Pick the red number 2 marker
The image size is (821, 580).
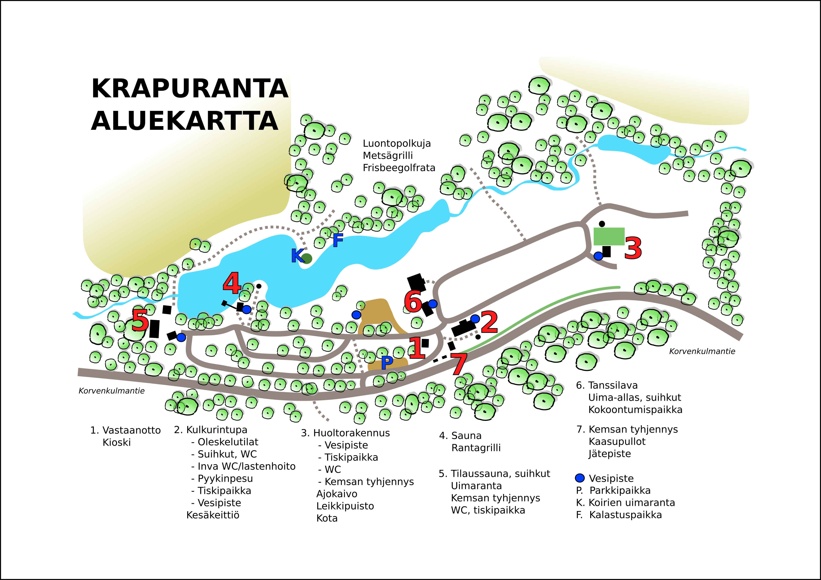[489, 322]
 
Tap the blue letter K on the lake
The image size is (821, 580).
[297, 256]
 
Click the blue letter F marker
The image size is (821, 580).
[338, 240]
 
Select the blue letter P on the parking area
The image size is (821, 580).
[387, 363]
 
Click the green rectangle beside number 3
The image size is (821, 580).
[609, 236]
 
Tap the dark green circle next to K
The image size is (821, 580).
[307, 258]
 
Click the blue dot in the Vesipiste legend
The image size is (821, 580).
[580, 478]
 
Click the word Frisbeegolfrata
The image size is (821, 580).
[399, 168]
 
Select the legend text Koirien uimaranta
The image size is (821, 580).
[632, 502]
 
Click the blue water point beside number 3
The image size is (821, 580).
[598, 256]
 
